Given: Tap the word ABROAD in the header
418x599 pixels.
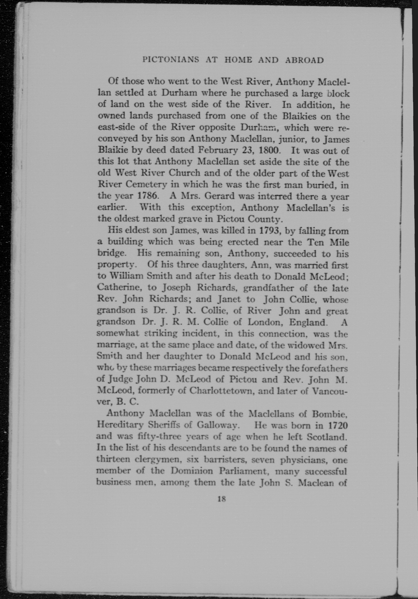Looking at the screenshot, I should point(304,60).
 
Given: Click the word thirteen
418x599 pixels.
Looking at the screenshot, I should point(113,460).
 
